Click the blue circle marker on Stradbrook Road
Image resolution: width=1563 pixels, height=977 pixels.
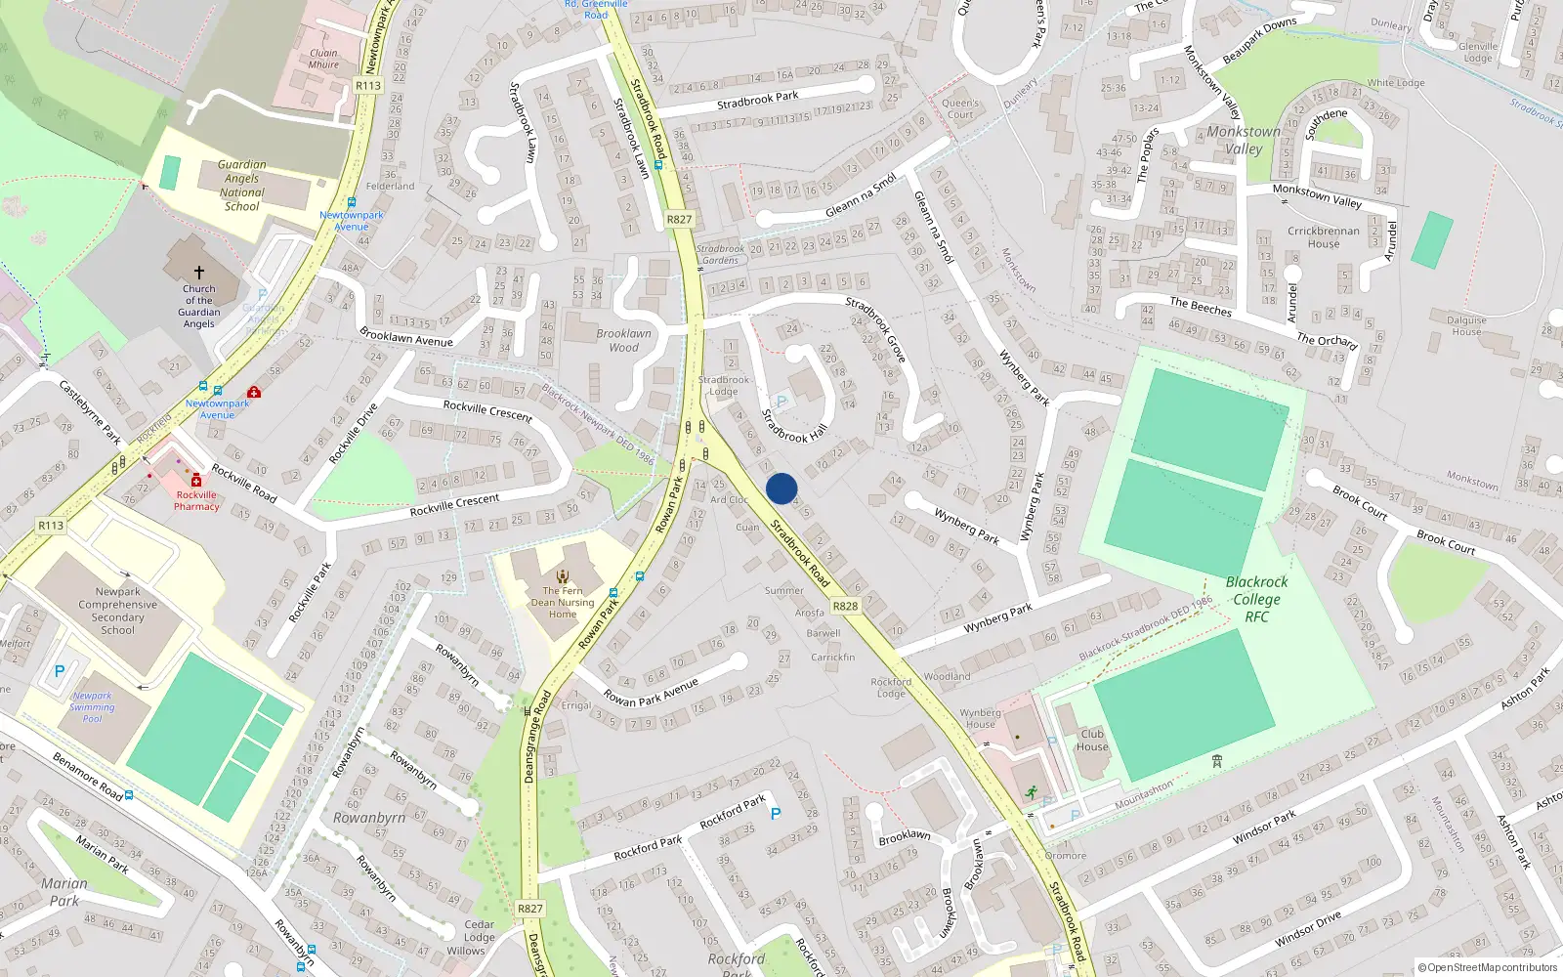pos(781,488)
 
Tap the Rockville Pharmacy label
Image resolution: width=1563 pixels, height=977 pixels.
pos(196,500)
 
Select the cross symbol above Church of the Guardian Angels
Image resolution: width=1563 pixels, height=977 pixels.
pos(199,273)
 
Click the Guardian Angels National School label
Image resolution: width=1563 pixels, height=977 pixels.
pos(242,186)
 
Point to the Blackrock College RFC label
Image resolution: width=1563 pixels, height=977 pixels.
pos(1256,599)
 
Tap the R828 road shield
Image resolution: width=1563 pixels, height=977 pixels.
pos(845,606)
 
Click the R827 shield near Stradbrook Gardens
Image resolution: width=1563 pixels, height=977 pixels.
pos(679,220)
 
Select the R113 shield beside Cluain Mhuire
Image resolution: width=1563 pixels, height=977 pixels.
pos(368,86)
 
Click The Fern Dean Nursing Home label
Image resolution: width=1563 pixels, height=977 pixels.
pos(563,602)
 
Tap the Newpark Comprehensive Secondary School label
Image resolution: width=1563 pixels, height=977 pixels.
pos(118,611)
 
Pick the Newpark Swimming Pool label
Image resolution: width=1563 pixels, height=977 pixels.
pos(92,707)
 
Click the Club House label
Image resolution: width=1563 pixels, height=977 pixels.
pos(1092,740)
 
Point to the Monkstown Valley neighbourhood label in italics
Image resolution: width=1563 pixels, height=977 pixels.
pos(1244,140)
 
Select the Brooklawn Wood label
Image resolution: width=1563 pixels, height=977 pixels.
pos(624,340)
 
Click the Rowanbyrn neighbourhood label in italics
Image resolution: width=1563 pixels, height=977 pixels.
pos(369,818)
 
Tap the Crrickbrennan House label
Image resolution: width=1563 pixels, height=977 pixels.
pos(1324,237)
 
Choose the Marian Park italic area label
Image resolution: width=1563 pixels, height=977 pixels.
pos(64,892)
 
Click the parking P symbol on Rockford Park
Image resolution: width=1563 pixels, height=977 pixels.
pos(776,814)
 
